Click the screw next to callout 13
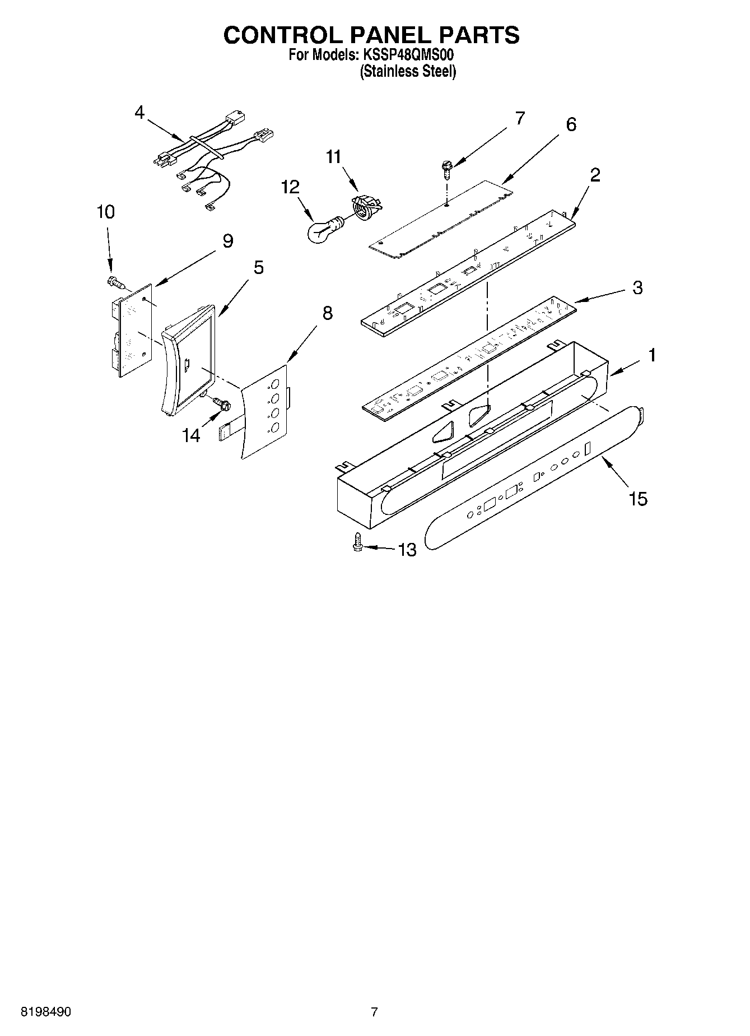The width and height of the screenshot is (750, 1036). [x=357, y=543]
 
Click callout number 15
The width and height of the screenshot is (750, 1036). [x=638, y=498]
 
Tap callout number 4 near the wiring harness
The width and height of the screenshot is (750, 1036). [x=139, y=113]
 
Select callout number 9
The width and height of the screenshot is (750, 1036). [x=227, y=241]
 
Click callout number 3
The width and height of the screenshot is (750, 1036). [x=637, y=288]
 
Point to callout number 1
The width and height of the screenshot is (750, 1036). [x=652, y=355]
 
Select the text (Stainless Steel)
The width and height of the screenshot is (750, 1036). [x=408, y=72]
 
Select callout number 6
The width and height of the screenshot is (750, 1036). [x=571, y=124]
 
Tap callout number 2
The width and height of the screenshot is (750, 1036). [x=595, y=175]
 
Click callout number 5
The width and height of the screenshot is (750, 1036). [x=258, y=267]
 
